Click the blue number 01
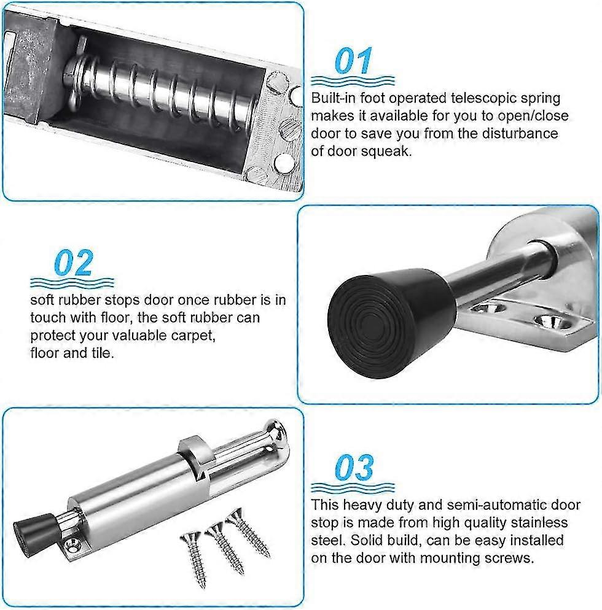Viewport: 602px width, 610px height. coord(354,61)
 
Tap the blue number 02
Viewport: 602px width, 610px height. coord(74,263)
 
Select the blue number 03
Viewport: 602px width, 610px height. coord(354,467)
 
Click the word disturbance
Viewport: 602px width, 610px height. coord(520,133)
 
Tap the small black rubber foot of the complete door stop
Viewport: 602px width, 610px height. coord(34,530)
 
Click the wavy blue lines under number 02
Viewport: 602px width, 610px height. coord(72,282)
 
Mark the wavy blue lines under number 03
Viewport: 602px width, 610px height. coord(353,487)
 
